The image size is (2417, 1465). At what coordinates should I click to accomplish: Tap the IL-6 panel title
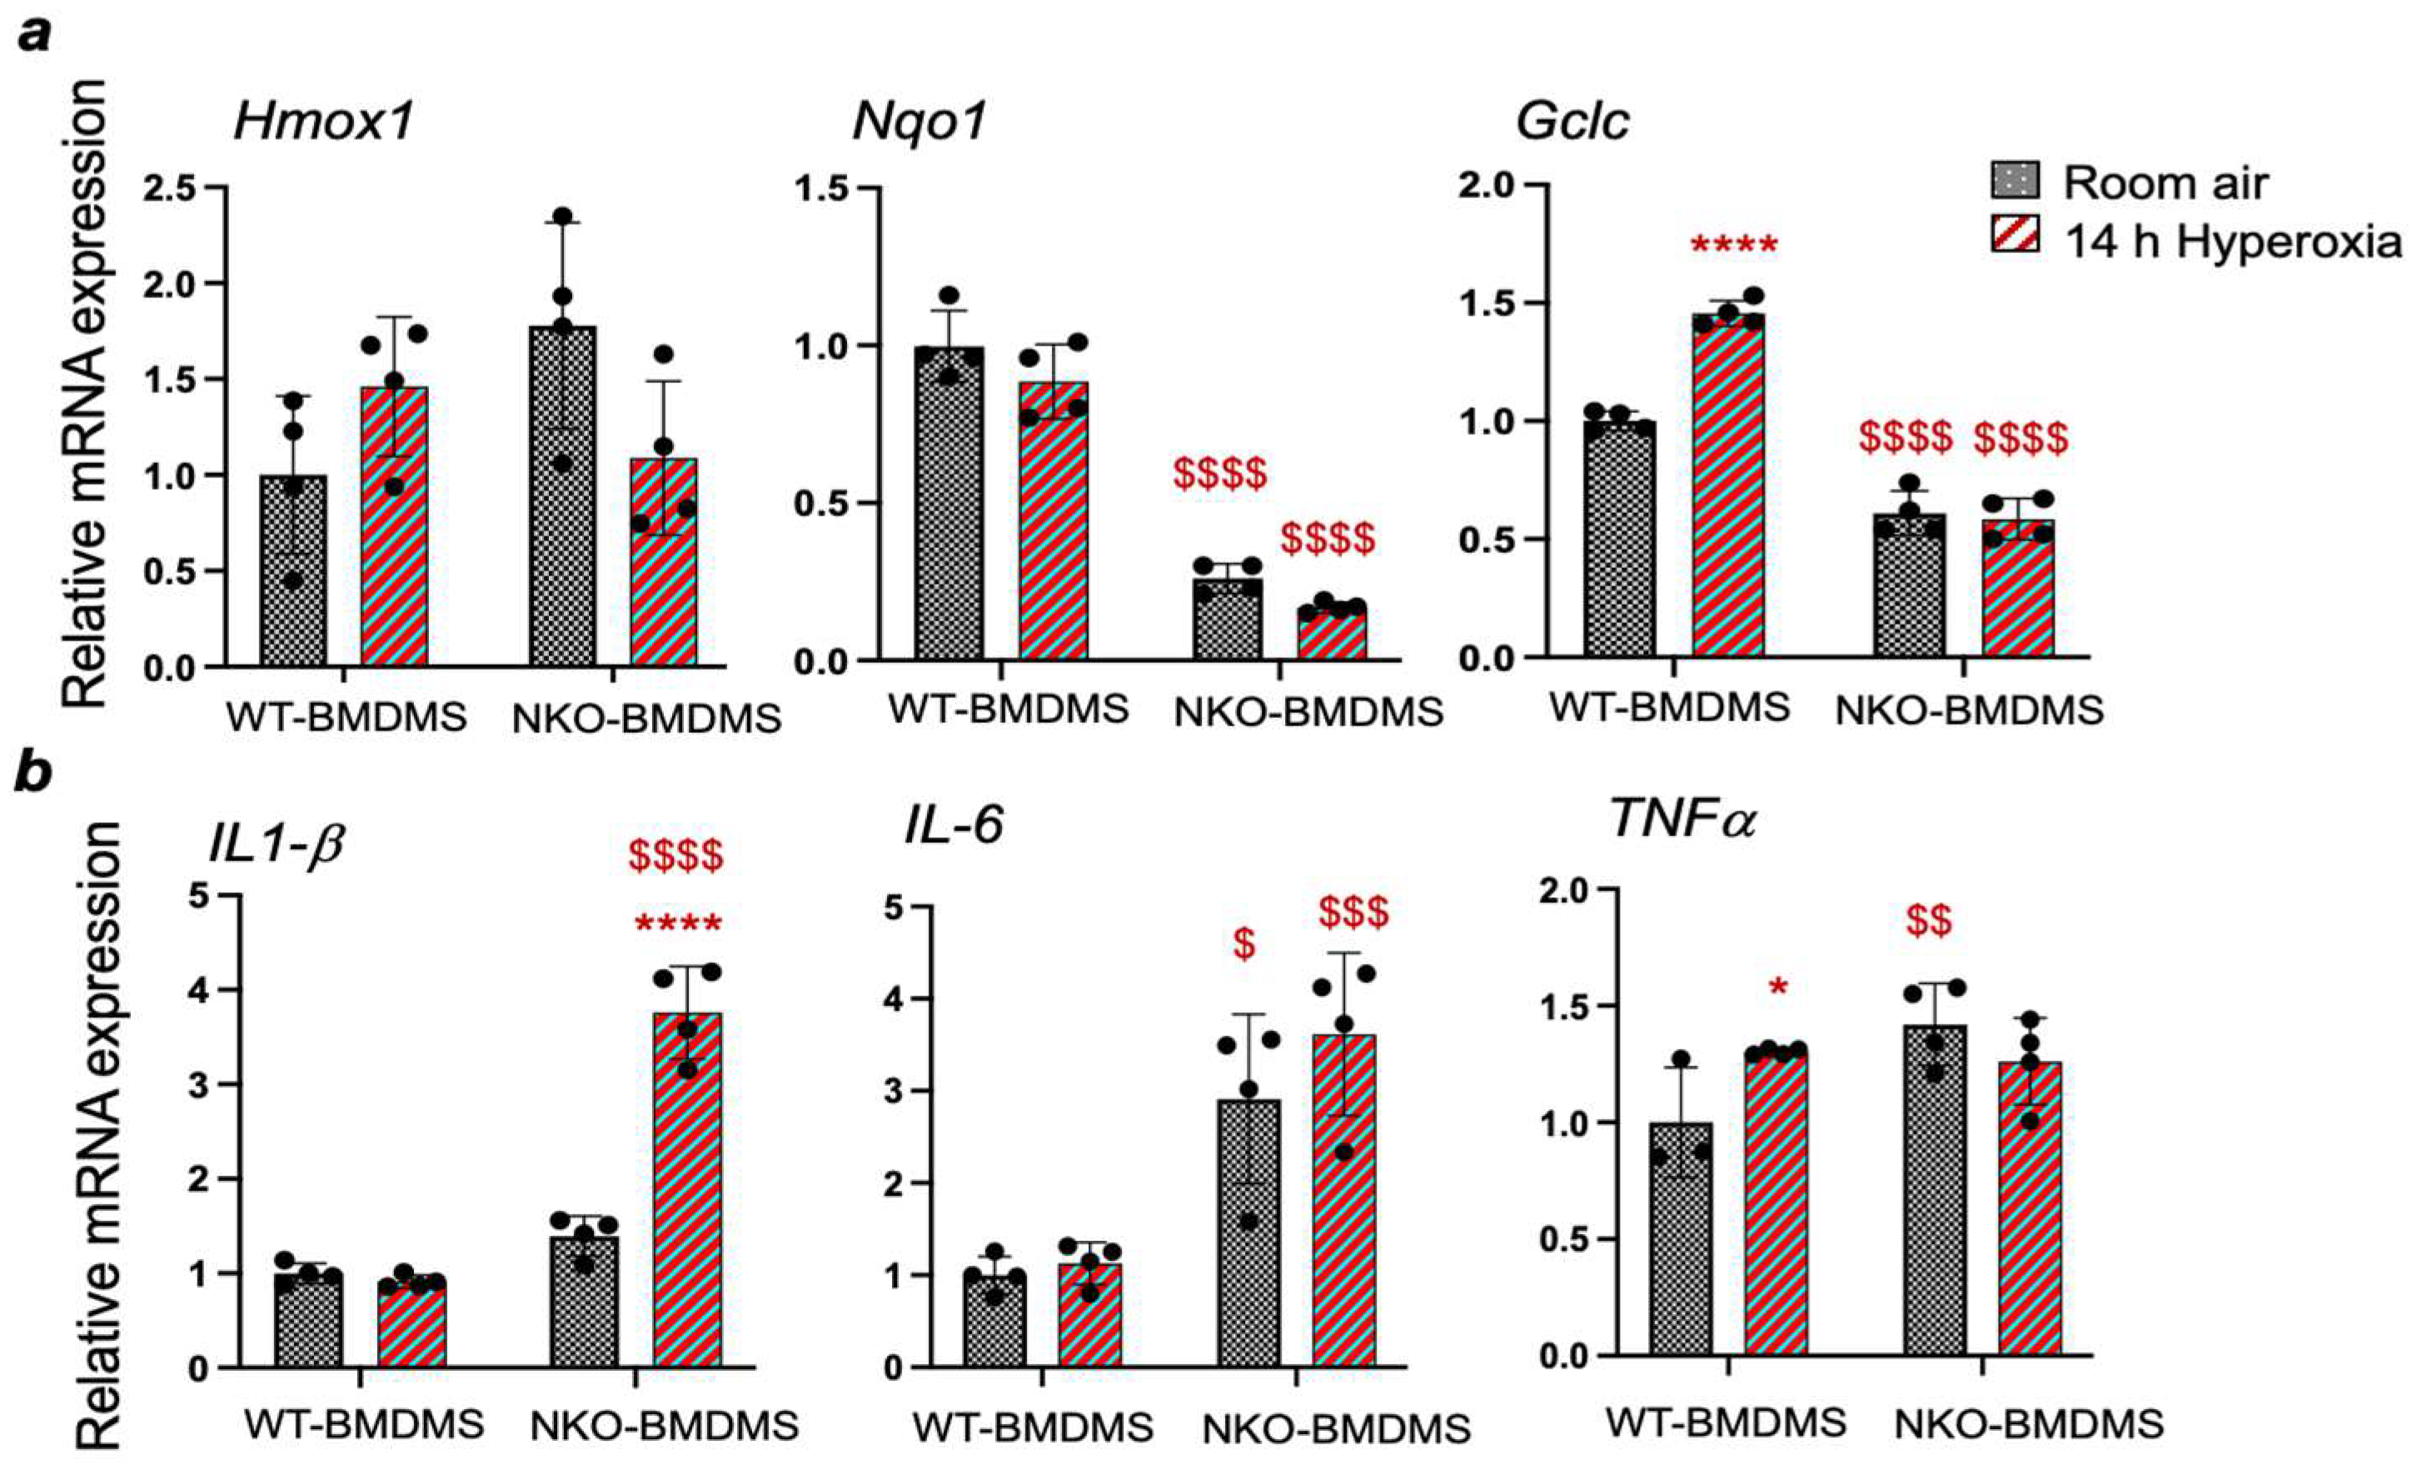point(954,825)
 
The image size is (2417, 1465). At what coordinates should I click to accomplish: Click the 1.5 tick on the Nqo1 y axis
point(826,187)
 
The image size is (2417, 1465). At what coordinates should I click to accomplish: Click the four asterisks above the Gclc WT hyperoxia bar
point(1733,245)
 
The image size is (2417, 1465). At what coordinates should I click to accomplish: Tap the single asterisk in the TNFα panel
point(1777,988)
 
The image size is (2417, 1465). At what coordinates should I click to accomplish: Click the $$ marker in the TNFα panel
point(1928,923)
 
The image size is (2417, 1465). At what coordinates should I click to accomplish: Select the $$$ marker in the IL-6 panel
point(1353,913)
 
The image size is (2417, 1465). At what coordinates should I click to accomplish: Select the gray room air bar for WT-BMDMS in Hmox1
point(293,571)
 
